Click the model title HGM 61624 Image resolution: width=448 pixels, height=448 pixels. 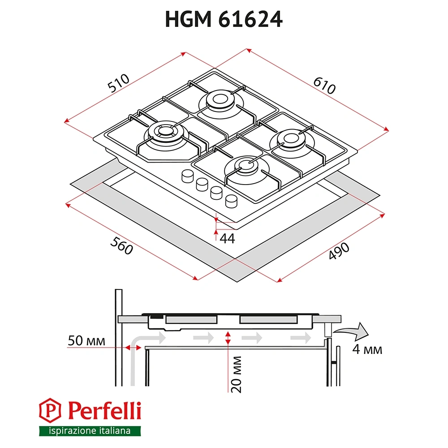coord(224,19)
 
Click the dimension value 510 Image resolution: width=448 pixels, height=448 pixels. coord(119,84)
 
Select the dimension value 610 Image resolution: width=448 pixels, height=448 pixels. coord(324,85)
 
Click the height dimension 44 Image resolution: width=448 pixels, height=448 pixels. coord(228,239)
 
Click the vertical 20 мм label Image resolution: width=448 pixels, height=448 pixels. coord(237,375)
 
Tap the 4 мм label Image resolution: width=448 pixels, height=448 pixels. coord(367,349)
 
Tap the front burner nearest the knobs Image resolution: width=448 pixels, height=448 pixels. coord(246,166)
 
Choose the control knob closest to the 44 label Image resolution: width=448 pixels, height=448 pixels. coord(232,201)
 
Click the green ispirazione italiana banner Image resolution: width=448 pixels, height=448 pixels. coord(90,431)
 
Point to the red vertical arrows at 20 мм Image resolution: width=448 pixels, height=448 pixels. coord(228,338)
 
